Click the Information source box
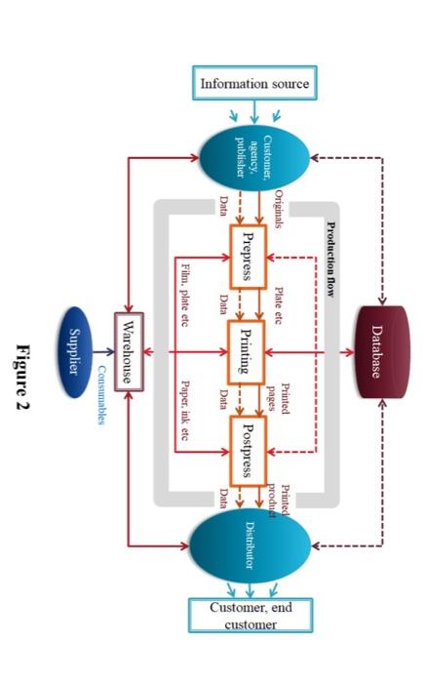click(254, 84)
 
